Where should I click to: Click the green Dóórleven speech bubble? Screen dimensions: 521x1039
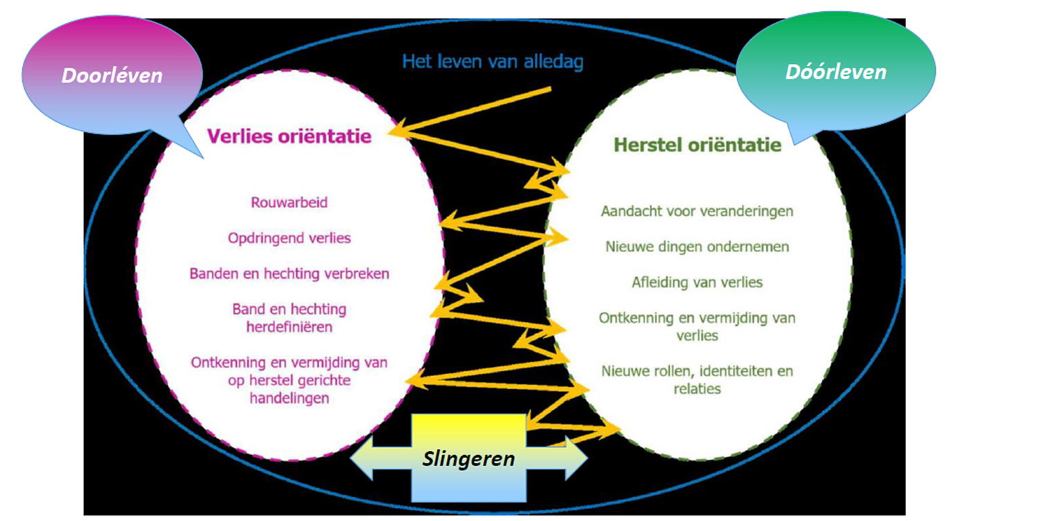tap(835, 71)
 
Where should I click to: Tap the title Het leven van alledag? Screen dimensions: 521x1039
tap(492, 62)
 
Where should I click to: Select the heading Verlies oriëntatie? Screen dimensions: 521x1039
tap(289, 136)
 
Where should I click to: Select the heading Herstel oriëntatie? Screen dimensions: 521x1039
tap(698, 145)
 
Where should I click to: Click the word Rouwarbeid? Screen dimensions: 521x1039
tap(289, 203)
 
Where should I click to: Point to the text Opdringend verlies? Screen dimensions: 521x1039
tap(289, 238)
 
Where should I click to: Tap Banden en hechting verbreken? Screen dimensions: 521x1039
tap(289, 274)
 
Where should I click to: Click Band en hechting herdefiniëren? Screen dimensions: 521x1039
tap(289, 317)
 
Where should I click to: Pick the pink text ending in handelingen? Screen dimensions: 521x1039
tap(289, 380)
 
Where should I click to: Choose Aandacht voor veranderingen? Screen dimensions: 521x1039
tap(697, 211)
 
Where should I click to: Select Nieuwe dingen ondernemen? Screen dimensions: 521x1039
tap(697, 247)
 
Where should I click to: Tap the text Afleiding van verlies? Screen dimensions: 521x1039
tap(697, 282)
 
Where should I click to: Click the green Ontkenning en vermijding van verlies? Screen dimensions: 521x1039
tap(697, 326)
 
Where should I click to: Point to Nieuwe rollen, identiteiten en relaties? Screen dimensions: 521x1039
tap(697, 379)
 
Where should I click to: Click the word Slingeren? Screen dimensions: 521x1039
tap(469, 459)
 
